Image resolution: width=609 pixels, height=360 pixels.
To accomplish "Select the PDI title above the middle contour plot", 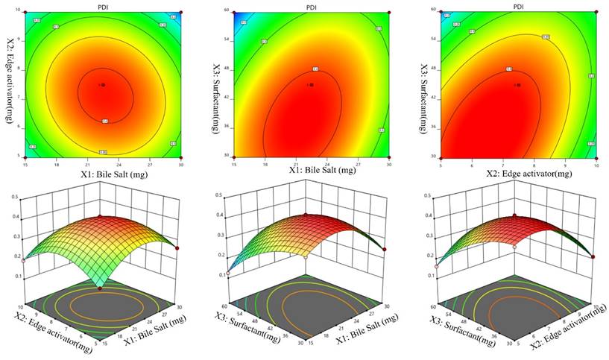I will (x=312, y=5).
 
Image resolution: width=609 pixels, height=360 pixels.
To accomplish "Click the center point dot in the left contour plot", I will (x=104, y=85).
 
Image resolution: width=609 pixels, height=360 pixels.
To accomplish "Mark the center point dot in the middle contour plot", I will (x=312, y=85).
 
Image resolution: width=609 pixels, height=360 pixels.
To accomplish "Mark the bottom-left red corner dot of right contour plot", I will (x=441, y=157).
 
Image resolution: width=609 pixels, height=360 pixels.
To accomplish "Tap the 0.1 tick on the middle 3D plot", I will (x=222, y=275).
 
